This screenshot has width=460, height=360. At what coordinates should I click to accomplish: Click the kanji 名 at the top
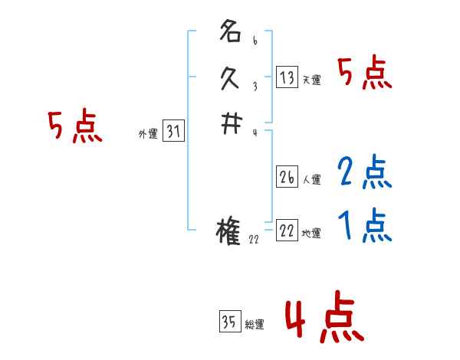click(230, 33)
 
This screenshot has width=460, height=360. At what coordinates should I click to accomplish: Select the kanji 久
click(230, 77)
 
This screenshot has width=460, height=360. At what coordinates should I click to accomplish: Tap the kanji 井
click(230, 127)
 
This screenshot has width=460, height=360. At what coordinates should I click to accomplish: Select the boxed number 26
click(287, 177)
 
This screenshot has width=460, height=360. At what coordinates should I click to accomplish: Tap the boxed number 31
click(173, 132)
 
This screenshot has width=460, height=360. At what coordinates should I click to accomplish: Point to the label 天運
click(312, 79)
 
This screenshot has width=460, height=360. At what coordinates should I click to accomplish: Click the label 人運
click(312, 180)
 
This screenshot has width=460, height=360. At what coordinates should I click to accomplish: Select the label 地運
click(312, 233)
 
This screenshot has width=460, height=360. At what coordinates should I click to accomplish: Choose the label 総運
click(255, 324)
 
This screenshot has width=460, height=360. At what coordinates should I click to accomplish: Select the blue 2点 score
click(365, 173)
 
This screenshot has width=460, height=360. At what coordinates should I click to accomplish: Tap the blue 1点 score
click(365, 226)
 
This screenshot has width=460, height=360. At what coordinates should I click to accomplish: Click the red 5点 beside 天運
click(365, 74)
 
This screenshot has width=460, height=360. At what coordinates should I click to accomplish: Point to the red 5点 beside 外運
click(74, 127)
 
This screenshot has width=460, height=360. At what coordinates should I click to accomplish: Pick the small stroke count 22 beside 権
click(255, 239)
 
